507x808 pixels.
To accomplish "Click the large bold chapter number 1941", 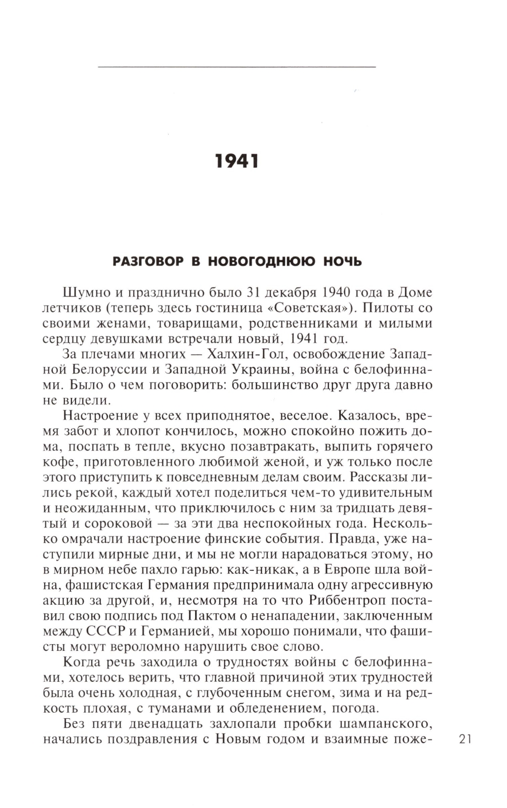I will tap(237, 161).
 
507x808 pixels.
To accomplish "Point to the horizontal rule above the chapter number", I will tap(236, 66).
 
